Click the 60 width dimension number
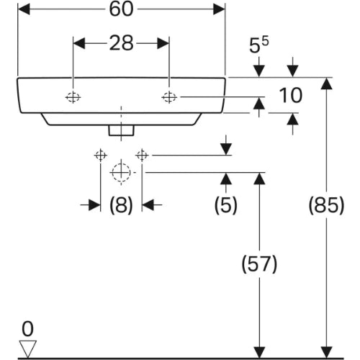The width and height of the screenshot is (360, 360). [x=121, y=9]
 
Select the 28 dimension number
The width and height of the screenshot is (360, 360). [x=121, y=43]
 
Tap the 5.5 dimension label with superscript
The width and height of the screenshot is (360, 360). [x=259, y=45]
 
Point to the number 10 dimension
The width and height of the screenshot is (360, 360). [x=291, y=96]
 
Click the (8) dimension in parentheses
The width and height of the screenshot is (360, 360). [x=121, y=205]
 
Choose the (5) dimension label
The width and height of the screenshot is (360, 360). [x=226, y=205]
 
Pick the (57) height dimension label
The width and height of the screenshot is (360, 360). [x=259, y=264]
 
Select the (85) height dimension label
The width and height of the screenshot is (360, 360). [x=326, y=205]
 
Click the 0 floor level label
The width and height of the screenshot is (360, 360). [x=27, y=329]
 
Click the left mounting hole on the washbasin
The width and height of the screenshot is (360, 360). [x=73, y=97]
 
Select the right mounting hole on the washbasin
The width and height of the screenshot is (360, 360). [x=169, y=97]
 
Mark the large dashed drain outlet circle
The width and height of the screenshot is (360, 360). [x=121, y=172]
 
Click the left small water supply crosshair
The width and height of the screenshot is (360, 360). [x=100, y=156]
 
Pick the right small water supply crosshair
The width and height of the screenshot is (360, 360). [x=142, y=156]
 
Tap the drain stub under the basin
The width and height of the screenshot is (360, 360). [x=121, y=130]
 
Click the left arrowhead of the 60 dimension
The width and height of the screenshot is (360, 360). [x=24, y=9]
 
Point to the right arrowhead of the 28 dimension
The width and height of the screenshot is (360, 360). [x=163, y=43]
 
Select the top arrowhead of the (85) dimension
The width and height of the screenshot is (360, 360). [x=326, y=84]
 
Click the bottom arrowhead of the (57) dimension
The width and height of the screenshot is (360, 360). [x=259, y=352]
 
